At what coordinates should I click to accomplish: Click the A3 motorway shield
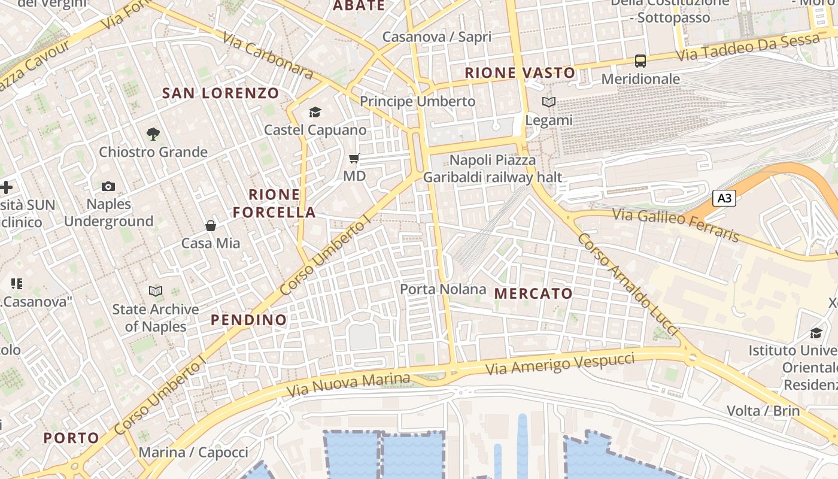[x=724, y=198]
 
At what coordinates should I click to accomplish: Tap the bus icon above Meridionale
[x=640, y=60]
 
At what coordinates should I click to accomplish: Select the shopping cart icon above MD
[x=354, y=159]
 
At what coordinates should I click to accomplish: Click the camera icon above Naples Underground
[x=108, y=186]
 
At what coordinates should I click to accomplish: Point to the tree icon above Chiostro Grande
[x=153, y=134]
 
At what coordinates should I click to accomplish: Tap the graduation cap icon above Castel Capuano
[x=315, y=112]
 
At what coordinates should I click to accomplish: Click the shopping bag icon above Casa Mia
[x=211, y=226]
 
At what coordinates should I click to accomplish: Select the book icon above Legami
[x=549, y=102]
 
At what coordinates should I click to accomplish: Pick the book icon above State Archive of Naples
[x=156, y=291]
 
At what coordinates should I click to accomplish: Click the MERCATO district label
[x=533, y=293]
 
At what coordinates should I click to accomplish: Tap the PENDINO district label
[x=248, y=320]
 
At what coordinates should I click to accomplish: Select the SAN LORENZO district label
[x=221, y=93]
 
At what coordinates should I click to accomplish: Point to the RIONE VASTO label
[x=520, y=73]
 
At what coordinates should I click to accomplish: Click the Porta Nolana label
[x=443, y=289]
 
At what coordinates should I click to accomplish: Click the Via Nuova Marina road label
[x=348, y=385]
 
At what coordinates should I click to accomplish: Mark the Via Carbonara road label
[x=268, y=56]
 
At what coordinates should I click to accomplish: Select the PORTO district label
[x=71, y=438]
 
